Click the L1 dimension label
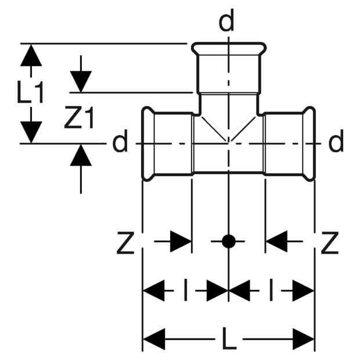click(31, 92)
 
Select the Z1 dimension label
click(79, 117)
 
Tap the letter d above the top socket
click(226, 20)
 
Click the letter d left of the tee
click(120, 141)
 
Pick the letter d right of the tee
click(336, 141)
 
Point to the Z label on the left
click(125, 243)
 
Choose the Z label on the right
click(330, 243)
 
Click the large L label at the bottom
click(229, 339)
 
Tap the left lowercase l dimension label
click(185, 290)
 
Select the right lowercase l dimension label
click(271, 290)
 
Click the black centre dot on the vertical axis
click(229, 242)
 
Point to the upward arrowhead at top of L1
click(31, 55)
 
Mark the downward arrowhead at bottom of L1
click(31, 132)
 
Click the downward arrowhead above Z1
click(81, 82)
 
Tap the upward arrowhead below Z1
click(81, 155)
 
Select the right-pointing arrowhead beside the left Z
click(181, 242)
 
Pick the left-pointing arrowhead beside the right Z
click(276, 242)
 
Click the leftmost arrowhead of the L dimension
click(154, 339)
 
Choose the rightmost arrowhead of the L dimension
click(303, 339)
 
